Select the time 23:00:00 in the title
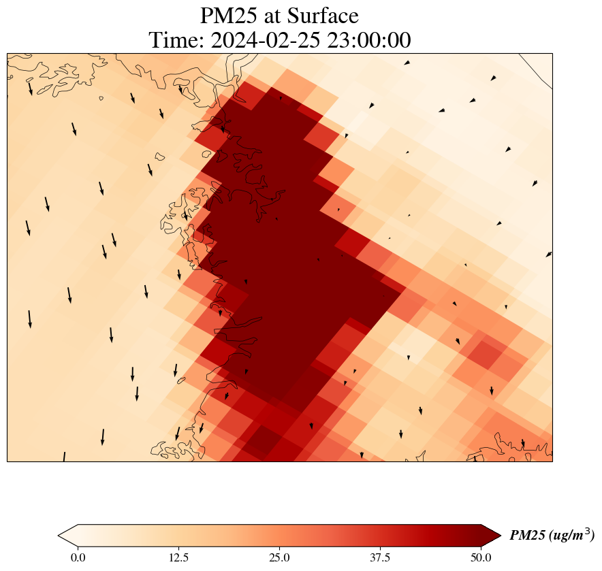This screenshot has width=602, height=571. point(369,41)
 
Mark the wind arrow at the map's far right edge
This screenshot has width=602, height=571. point(549,255)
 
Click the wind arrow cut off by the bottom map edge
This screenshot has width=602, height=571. point(64,456)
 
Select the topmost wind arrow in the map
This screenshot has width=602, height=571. point(407,63)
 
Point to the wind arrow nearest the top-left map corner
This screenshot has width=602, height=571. point(30,88)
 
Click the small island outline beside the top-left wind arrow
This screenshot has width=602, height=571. point(101,98)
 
